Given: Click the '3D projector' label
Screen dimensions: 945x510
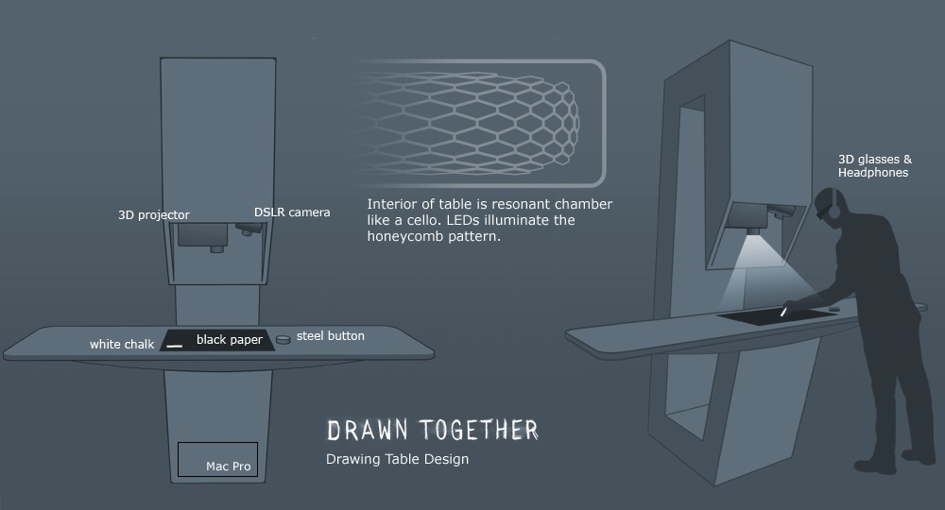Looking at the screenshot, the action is pos(154,215).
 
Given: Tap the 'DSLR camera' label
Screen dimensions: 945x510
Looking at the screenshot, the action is pos(292,212).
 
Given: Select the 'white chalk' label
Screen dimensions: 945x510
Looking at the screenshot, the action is pos(122,345).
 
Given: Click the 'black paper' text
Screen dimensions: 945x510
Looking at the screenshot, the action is pos(229,340).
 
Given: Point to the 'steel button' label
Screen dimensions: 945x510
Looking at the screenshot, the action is pos(330,336).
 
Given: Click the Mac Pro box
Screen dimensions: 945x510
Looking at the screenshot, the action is pos(217,459).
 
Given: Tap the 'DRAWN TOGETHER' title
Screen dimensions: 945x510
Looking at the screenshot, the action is pos(433,430).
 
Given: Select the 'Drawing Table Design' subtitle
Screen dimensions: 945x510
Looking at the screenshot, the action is pos(397,459).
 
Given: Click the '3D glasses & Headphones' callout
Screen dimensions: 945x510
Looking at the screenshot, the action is pos(875,165).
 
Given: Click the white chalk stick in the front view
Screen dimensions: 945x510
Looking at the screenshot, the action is pos(174,347).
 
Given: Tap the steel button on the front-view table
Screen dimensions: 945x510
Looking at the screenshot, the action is pos(283,340).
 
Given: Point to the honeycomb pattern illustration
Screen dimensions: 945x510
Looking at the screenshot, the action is pos(470,121).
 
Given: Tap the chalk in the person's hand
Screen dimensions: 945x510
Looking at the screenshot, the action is pos(782,312).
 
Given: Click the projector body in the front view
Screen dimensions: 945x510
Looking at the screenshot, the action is pos(202,235).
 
